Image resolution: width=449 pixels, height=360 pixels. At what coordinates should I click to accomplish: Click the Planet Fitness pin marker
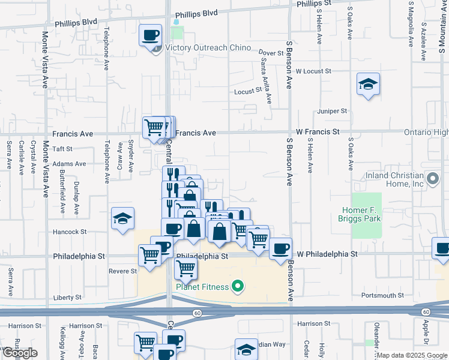tap(238, 287)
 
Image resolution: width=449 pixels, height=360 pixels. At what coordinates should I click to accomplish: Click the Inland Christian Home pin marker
tap(432, 178)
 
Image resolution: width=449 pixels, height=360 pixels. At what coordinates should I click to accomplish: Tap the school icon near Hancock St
tap(122, 220)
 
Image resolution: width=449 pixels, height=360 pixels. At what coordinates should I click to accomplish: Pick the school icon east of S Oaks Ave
tap(367, 85)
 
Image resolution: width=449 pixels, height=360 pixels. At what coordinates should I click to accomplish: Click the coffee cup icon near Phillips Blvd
tap(151, 34)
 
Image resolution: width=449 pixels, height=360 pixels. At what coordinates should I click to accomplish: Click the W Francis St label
tap(318, 131)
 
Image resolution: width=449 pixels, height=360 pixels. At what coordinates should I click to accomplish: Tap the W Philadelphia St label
tap(327, 254)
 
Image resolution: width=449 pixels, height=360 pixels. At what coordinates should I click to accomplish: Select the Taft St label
tap(62, 149)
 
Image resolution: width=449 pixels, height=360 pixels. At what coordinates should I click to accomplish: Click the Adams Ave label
tap(69, 163)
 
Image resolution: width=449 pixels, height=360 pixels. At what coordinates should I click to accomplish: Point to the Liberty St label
tap(67, 298)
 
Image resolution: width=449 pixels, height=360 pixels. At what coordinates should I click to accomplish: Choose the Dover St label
tap(271, 53)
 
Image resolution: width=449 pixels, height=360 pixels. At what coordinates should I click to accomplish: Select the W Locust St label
tap(313, 71)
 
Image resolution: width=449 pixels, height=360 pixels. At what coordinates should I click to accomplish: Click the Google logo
tap(20, 353)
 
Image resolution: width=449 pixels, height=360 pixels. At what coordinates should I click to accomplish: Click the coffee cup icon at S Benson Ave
tap(280, 248)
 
